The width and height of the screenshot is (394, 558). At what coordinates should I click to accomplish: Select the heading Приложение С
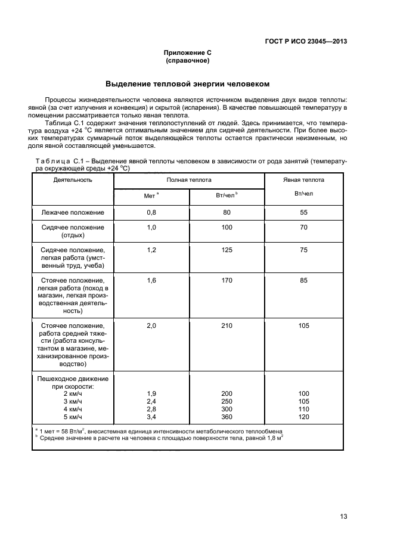[x=188, y=53]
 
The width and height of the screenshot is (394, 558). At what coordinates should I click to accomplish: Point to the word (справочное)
[x=188, y=61]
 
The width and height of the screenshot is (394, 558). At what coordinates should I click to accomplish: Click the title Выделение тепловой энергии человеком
[x=188, y=83]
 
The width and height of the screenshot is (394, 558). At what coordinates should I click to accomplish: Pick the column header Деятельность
[x=73, y=179]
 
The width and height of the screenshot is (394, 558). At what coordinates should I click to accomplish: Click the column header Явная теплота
[x=303, y=179]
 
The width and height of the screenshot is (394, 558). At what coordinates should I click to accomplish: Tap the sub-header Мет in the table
[x=150, y=196]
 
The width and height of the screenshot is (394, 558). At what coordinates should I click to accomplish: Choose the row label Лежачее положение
[x=73, y=212]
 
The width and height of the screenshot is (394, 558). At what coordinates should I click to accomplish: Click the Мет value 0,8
[x=151, y=212]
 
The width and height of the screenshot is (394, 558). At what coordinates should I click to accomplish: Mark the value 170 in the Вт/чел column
[x=227, y=279]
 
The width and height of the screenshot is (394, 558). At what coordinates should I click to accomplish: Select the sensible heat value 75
[x=303, y=250]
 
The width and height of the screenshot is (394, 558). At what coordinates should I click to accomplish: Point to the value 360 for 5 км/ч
[x=227, y=417]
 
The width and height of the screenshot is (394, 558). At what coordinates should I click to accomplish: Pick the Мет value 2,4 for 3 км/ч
[x=151, y=401]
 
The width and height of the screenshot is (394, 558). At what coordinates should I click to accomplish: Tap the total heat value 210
[x=227, y=326]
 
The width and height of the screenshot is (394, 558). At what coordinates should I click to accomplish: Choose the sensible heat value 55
[x=303, y=212]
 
